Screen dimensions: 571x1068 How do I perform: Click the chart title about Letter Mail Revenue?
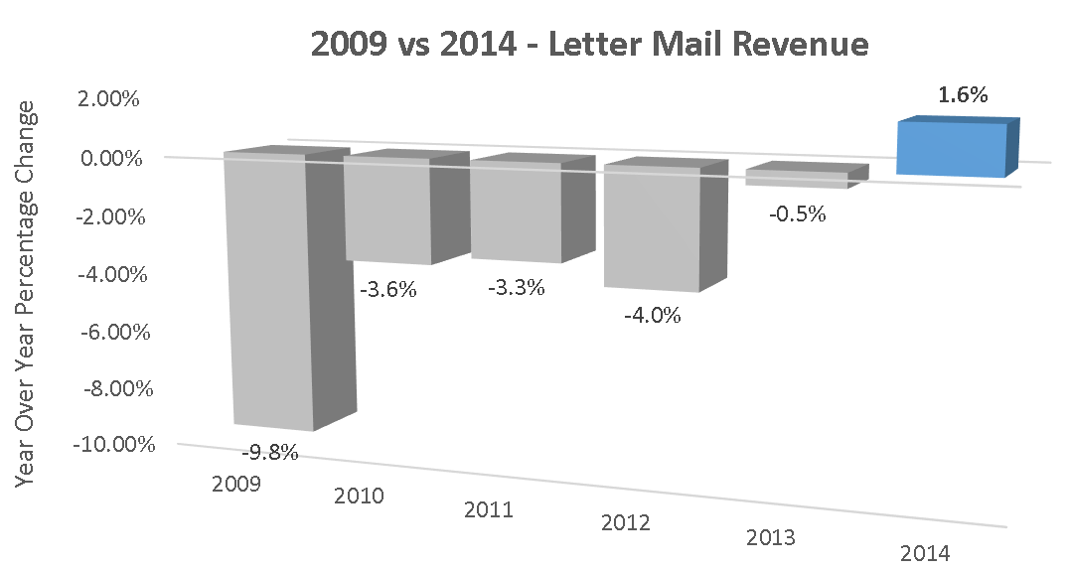point(589,45)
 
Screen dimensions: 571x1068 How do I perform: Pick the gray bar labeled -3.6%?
point(387,211)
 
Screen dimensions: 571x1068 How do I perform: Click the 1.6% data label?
point(962,96)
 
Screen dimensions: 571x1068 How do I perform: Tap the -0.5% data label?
point(798,214)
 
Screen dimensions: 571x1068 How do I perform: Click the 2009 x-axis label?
point(236,485)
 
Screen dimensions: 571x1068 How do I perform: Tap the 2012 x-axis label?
point(625,522)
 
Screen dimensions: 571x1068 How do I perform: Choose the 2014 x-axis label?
point(924,553)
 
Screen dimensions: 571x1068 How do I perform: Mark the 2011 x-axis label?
point(489,510)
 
